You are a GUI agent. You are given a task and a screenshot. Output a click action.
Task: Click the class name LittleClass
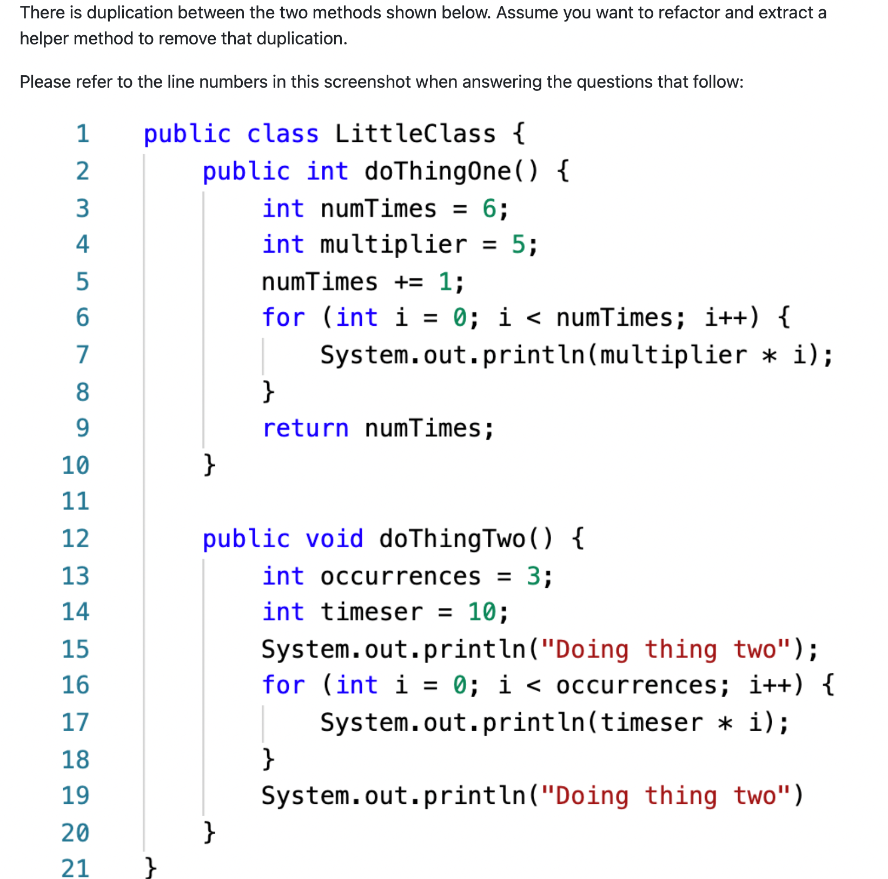pos(415,134)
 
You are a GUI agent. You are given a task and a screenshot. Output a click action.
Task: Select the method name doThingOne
pos(438,171)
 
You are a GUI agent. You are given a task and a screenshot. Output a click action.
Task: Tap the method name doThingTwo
pos(452,539)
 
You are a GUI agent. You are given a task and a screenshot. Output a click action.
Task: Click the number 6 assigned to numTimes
pos(489,208)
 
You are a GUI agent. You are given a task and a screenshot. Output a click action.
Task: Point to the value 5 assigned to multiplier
pos(518,245)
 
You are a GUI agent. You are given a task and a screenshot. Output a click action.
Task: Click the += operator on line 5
pos(408,282)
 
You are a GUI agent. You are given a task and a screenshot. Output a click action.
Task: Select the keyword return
pos(306,428)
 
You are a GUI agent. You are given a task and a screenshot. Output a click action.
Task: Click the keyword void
pos(334,539)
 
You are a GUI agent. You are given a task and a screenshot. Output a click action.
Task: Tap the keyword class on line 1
pos(282,134)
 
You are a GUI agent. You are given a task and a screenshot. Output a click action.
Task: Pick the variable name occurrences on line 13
pos(400,576)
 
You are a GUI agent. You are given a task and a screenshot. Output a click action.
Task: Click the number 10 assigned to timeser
pos(481,612)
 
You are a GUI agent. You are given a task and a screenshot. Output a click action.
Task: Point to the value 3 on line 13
pos(533,576)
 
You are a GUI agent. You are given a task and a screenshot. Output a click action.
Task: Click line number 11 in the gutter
pos(75,501)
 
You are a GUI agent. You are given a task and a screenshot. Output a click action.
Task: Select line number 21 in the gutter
pos(75,868)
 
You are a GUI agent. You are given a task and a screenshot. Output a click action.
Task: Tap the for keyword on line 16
pos(283,685)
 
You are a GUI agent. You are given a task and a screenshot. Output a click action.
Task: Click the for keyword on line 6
pos(283,318)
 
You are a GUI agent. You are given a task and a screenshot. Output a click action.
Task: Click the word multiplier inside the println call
pos(673,355)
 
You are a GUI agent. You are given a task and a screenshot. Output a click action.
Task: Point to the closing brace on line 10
pos(209,465)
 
